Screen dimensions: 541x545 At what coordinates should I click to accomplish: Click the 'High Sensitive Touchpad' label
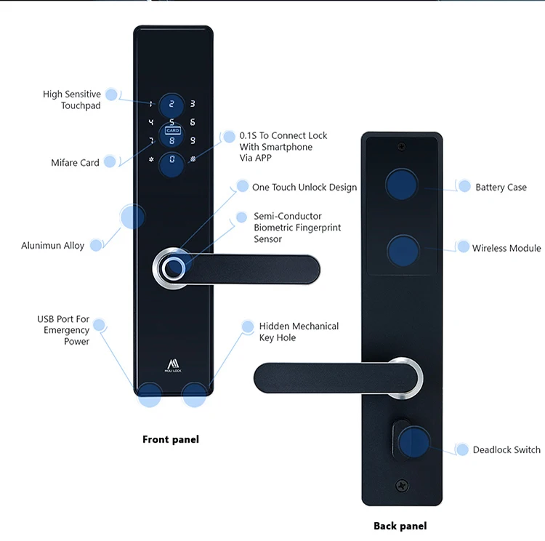(x=71, y=100)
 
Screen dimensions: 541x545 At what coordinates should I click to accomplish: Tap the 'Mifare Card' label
(x=75, y=163)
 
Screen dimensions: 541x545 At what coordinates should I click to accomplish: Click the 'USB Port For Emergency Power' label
(x=63, y=330)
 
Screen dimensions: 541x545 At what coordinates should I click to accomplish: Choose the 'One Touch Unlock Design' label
(x=304, y=188)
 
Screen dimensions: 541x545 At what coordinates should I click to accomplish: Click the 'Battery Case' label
(x=501, y=188)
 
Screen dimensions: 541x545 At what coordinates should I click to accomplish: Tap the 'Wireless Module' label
(x=506, y=249)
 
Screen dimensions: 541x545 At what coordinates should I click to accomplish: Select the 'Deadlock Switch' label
(x=506, y=450)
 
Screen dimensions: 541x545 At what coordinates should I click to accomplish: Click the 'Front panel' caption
(x=170, y=439)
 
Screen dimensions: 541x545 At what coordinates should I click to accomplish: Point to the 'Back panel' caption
(x=400, y=526)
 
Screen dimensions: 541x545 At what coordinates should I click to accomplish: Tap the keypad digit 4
(x=151, y=123)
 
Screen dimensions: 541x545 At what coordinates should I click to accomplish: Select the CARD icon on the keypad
(x=172, y=131)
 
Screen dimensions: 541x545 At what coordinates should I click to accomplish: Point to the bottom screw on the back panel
(x=402, y=486)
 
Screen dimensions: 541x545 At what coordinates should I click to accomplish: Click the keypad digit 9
(x=193, y=140)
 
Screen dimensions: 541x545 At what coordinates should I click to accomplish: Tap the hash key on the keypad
(x=193, y=159)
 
